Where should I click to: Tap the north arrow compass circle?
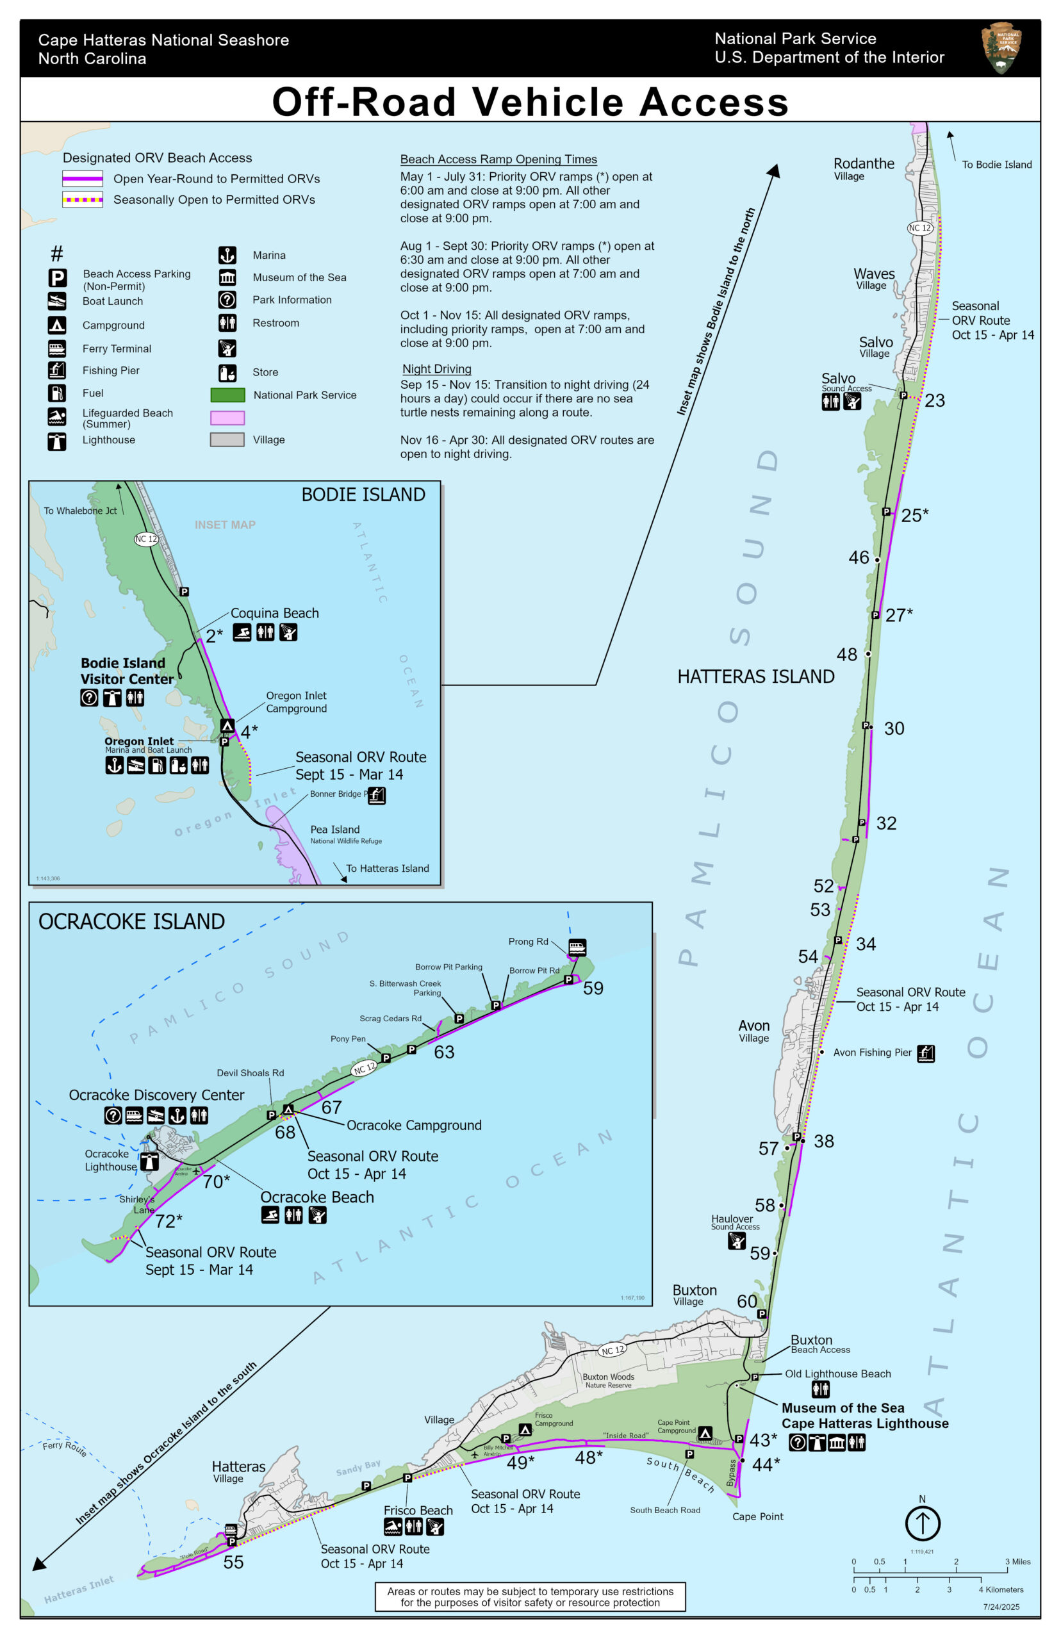coord(922,1523)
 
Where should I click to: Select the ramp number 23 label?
coord(934,401)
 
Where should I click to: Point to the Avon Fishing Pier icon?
coord(926,1053)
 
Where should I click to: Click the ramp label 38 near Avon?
coord(823,1142)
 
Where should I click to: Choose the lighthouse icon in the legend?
coord(57,441)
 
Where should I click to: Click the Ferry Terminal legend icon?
coord(57,348)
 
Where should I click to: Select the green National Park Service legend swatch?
coord(227,395)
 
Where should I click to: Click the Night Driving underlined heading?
coord(437,369)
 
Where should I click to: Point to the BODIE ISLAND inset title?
coord(363,495)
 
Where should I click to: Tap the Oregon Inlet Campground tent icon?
coord(227,725)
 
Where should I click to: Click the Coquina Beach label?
coord(274,613)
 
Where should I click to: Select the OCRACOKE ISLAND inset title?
coord(131,922)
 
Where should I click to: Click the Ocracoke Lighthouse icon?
coord(149,1161)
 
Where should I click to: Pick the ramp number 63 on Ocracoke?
coord(444,1052)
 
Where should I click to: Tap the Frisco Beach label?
coord(418,1511)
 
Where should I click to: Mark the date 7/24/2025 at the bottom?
coord(1000,1607)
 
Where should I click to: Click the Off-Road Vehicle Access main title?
coord(530,102)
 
